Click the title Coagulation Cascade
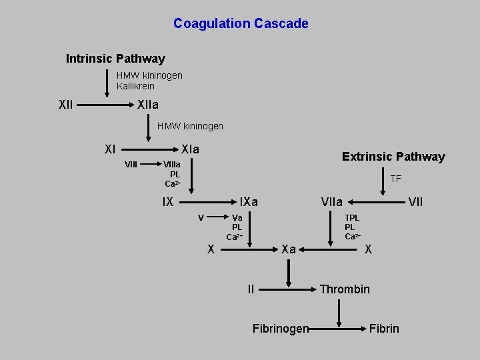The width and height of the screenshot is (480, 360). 241,24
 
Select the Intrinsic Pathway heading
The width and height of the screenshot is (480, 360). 115,59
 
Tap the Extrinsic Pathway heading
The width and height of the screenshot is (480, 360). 393,157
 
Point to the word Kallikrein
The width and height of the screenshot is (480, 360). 135,86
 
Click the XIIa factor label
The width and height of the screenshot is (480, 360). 147,105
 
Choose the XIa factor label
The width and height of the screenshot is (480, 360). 191,149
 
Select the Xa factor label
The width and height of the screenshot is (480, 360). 289,249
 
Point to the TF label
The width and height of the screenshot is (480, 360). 395,179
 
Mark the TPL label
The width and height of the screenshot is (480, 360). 352,218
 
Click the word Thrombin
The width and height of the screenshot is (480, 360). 345,289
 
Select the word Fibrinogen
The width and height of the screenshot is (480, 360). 281,328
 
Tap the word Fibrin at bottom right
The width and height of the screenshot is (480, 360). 384,328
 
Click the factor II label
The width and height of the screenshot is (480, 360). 251,289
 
